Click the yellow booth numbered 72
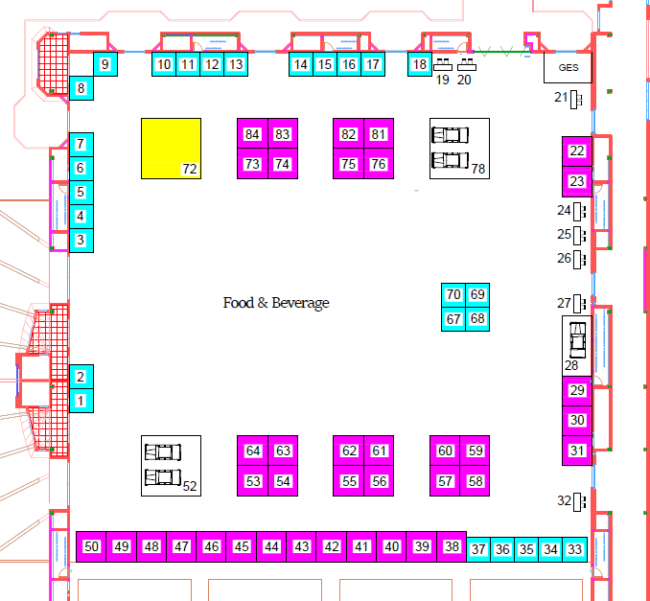click(x=171, y=148)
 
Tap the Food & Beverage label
click(x=276, y=303)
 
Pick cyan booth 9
click(x=105, y=65)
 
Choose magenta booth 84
click(x=252, y=134)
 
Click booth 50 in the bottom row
click(x=91, y=546)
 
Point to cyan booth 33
click(x=574, y=549)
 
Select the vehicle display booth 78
click(x=459, y=148)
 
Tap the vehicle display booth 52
click(x=171, y=465)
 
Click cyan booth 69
click(x=477, y=294)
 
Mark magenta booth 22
click(x=576, y=151)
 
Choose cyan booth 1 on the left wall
click(x=81, y=401)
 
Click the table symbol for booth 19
click(x=443, y=65)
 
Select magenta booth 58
click(x=475, y=481)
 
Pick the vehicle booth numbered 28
click(x=576, y=340)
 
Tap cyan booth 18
click(x=419, y=65)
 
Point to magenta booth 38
click(x=452, y=546)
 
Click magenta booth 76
click(x=378, y=164)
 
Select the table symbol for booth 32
click(x=578, y=500)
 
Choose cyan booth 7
click(x=81, y=144)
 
